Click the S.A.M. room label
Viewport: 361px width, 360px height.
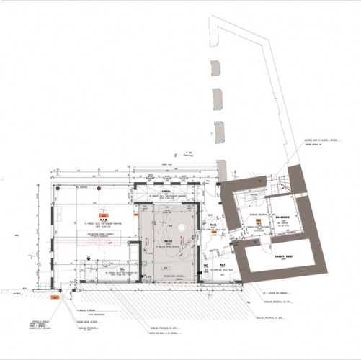[103, 220]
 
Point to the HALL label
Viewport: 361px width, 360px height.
[214, 224]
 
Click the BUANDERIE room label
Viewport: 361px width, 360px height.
[282, 217]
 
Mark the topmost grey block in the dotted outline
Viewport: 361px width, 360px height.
[215, 68]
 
